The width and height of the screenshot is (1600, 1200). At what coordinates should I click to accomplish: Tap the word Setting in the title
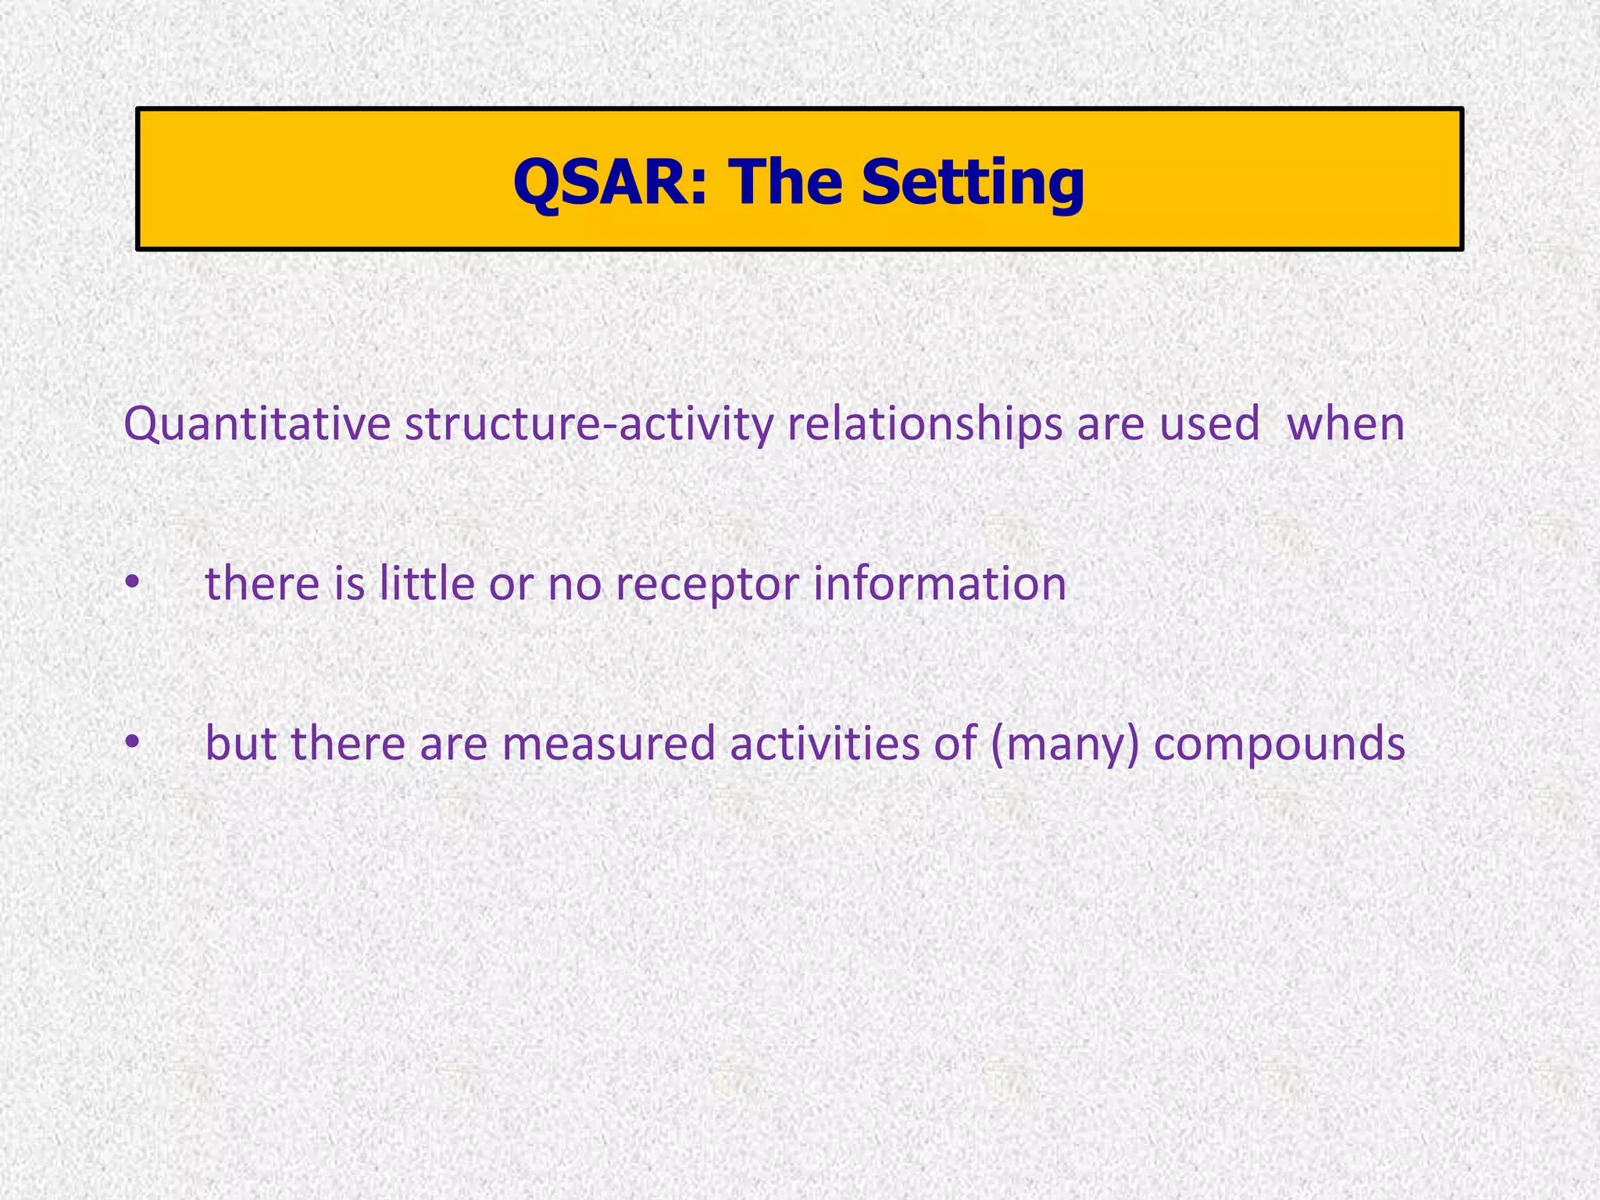pos(973,182)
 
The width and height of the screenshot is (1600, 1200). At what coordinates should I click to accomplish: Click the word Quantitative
pos(257,424)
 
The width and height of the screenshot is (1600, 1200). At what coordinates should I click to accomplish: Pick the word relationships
pos(924,424)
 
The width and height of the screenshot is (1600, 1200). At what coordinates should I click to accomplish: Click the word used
pos(1209,424)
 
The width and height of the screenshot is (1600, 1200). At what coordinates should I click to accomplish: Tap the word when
pos(1345,424)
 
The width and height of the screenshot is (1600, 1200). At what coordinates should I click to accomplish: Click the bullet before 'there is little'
pos(133,583)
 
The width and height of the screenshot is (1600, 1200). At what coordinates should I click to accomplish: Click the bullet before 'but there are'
pos(133,742)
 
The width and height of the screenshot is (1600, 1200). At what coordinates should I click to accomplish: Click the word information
pos(940,584)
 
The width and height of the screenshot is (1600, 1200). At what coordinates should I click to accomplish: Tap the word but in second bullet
pos(241,743)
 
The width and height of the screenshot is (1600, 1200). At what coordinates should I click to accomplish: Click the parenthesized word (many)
pos(1065,743)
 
